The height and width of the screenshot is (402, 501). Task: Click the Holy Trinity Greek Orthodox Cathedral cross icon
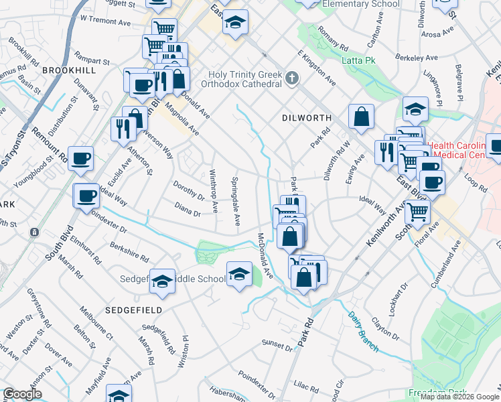tap(291, 78)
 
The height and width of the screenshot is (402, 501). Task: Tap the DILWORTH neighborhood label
tap(305, 117)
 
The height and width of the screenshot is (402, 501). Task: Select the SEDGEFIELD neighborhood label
tap(133, 310)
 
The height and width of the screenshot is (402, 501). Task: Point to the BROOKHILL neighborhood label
tap(69, 70)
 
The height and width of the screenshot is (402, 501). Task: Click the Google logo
tap(22, 394)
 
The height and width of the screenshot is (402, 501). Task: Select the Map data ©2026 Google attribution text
tap(459, 397)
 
